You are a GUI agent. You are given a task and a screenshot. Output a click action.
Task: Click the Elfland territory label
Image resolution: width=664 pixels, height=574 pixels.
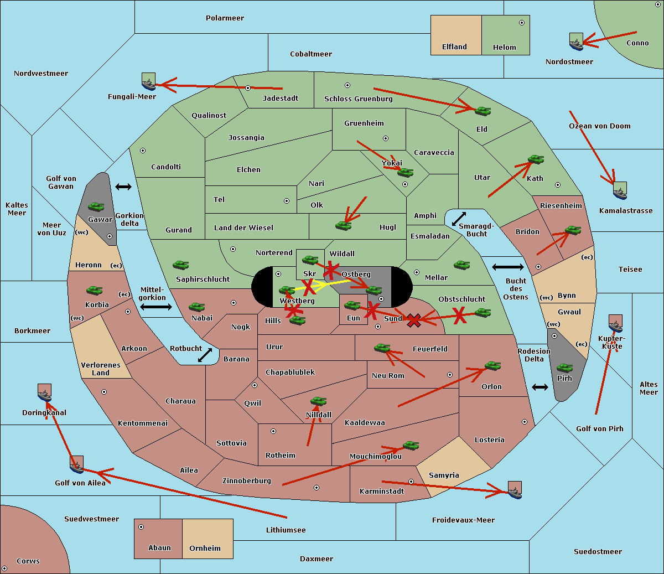[454, 47]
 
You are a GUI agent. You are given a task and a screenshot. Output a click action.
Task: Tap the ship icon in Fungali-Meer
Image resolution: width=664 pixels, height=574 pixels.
[148, 81]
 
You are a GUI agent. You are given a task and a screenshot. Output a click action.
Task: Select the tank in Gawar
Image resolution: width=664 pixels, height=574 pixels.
[96, 207]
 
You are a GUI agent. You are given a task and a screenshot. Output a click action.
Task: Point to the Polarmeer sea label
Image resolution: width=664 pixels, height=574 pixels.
[225, 18]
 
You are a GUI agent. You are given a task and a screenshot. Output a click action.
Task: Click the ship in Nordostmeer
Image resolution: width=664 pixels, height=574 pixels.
[576, 42]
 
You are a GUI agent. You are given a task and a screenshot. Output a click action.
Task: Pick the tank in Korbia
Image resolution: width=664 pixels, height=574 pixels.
[94, 291]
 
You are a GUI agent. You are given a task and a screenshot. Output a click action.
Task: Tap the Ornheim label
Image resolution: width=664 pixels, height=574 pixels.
[205, 549]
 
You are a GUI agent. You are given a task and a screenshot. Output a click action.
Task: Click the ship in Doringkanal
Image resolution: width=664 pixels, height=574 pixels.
[44, 392]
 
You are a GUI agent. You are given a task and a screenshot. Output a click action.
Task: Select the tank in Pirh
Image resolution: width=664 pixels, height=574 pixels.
[564, 368]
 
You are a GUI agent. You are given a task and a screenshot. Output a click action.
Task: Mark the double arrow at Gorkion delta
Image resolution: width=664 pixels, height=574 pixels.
[123, 187]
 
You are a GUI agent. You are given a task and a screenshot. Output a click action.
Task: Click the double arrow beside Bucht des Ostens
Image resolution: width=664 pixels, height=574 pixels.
[507, 267]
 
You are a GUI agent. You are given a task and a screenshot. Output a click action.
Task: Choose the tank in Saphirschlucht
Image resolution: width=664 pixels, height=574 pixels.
[180, 266]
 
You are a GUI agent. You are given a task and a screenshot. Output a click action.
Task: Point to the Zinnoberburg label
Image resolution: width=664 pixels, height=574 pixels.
[246, 481]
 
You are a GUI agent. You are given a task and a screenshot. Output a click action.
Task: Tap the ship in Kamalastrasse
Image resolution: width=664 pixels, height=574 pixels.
[620, 190]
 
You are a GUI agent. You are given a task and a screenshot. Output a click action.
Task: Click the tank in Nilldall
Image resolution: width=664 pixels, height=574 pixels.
[318, 401]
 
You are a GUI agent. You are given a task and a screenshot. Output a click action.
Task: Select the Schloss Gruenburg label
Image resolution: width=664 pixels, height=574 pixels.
[358, 99]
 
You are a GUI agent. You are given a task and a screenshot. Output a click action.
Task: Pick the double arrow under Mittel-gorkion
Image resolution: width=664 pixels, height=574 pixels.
[156, 307]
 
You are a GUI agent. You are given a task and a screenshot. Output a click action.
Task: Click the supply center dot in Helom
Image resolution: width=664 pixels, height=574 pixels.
[521, 23]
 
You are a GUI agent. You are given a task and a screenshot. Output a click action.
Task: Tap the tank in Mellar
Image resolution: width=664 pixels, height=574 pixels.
[461, 265]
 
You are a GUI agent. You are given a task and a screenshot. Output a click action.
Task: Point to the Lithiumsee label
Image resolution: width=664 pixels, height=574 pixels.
[286, 530]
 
